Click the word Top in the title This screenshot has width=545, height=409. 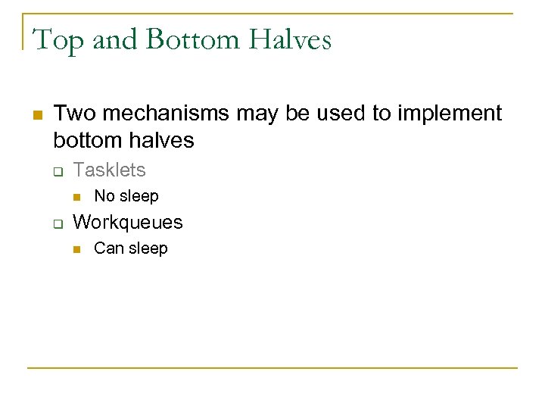[58, 39]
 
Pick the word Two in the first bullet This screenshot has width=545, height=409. [73, 114]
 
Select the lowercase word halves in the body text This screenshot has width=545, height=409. [162, 140]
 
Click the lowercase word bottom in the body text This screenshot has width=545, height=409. [86, 140]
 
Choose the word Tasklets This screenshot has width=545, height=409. [109, 170]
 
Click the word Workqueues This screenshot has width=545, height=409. [127, 222]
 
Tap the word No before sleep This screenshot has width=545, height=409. [104, 196]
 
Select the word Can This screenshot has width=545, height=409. [109, 248]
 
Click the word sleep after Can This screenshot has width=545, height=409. [148, 248]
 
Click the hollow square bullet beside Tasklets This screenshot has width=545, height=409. [57, 171]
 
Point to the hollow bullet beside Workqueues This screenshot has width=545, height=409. [57, 223]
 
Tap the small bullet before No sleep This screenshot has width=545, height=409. [76, 197]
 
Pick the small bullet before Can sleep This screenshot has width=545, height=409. [76, 249]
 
